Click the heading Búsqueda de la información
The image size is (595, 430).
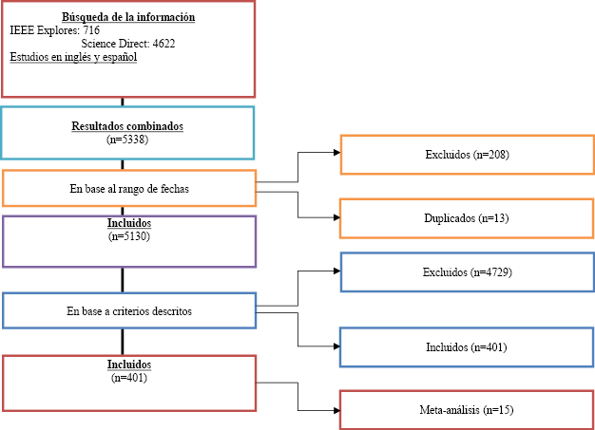click(x=128, y=17)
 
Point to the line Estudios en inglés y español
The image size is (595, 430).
click(x=74, y=57)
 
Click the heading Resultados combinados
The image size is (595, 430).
click(x=128, y=126)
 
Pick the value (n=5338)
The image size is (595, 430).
click(x=128, y=139)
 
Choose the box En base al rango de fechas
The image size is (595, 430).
click(x=128, y=188)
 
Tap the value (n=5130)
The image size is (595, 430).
click(x=128, y=236)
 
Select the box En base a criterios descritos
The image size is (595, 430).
click(x=128, y=310)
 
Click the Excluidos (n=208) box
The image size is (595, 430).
click(x=467, y=155)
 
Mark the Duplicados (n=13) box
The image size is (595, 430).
click(x=467, y=218)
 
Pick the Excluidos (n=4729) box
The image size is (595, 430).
click(x=467, y=272)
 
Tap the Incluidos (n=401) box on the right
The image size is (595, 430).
click(x=467, y=347)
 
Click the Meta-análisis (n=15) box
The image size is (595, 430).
click(x=467, y=409)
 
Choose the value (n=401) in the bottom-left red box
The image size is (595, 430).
click(x=128, y=377)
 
